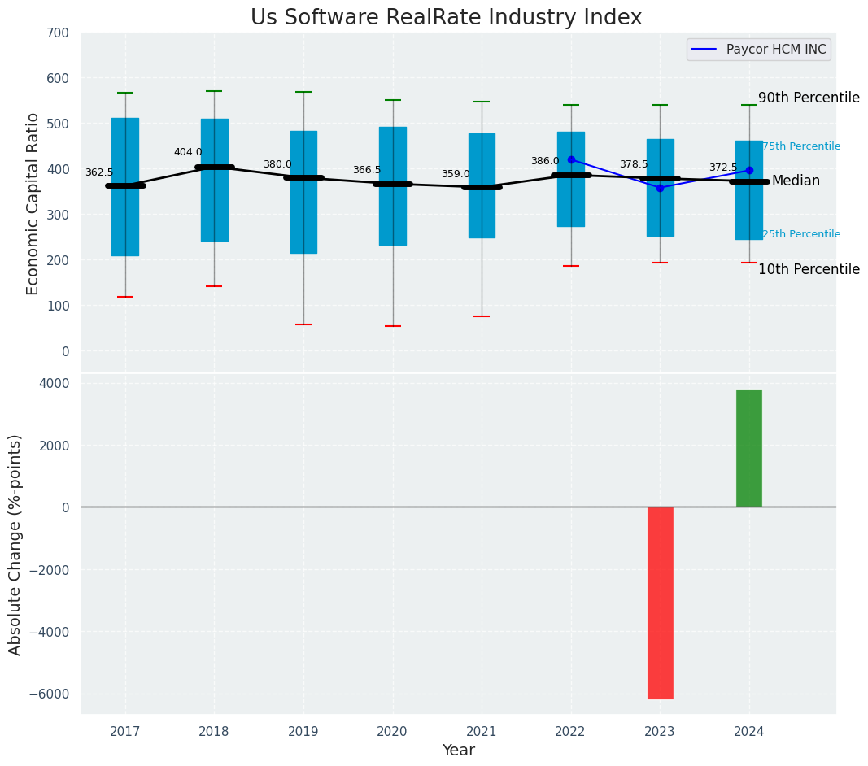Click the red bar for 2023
(660, 602)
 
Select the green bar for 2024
(748, 448)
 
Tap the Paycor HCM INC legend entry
(758, 50)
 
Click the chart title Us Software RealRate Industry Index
(446, 18)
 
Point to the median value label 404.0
(188, 152)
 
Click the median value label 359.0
(456, 174)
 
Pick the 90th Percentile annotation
(809, 98)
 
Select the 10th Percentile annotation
(809, 269)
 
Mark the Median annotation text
(796, 181)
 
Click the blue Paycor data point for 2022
(571, 159)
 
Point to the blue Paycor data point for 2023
(660, 188)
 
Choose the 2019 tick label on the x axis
(303, 732)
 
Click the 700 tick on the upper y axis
(58, 33)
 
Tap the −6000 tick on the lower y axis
(50, 694)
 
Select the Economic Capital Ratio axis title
(33, 203)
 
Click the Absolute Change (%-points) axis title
(15, 544)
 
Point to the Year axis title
(459, 751)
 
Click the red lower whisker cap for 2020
(393, 326)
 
